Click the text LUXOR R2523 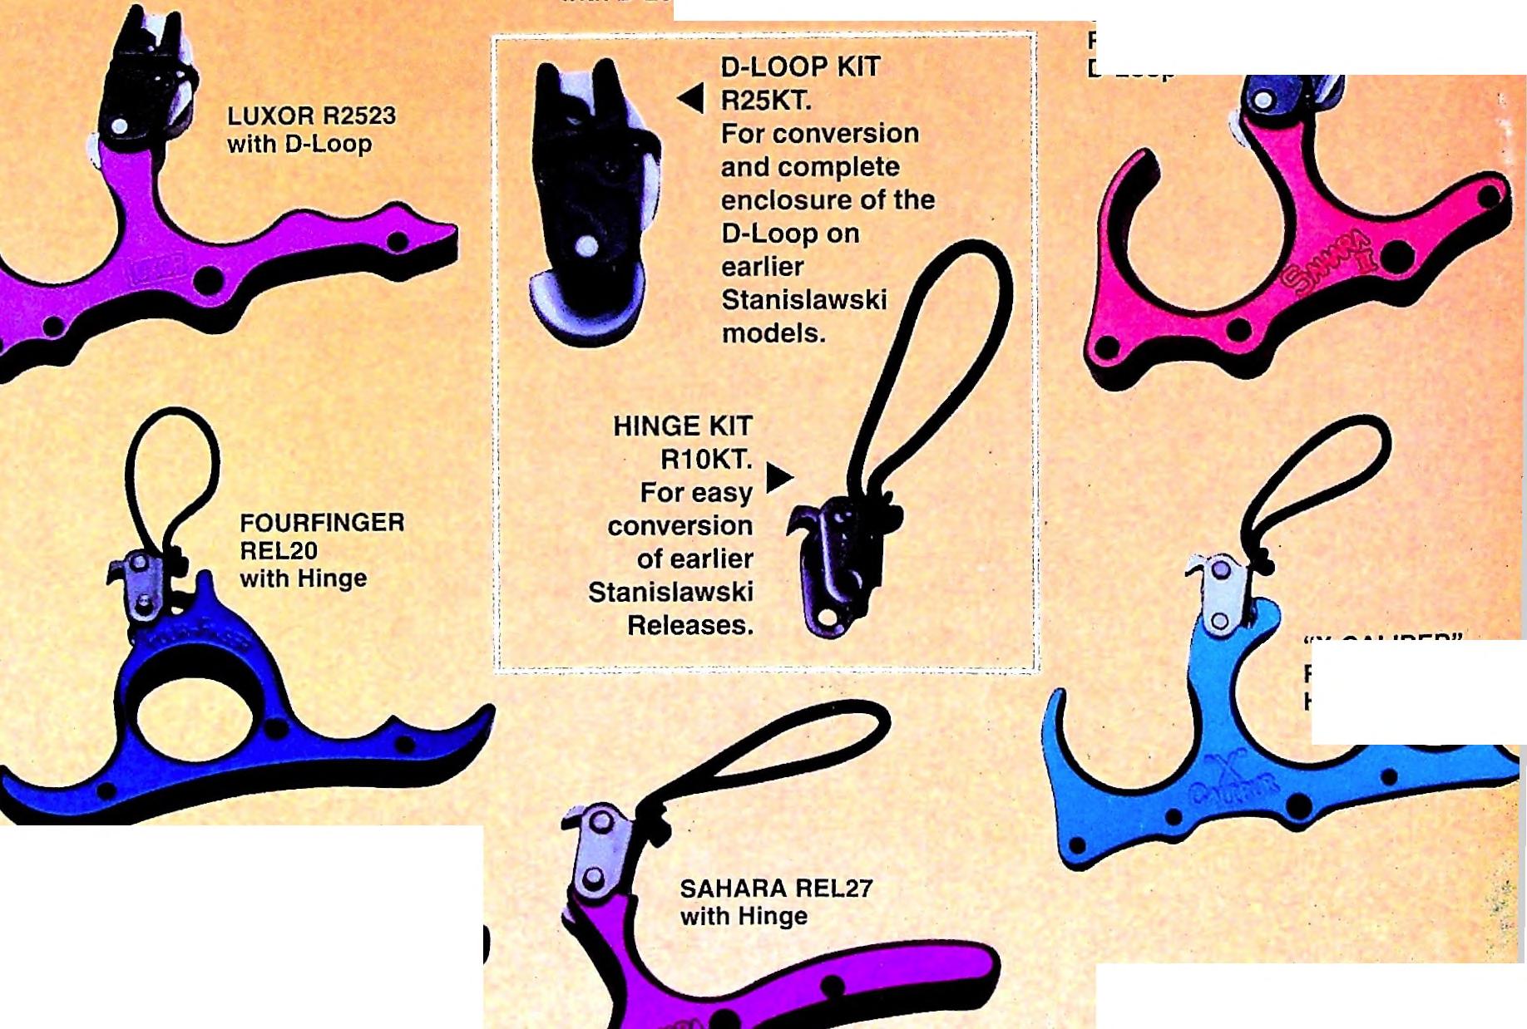(311, 116)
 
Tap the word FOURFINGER (322, 523)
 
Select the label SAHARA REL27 (776, 889)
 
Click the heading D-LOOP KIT (800, 66)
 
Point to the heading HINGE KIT (682, 426)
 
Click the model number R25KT (765, 101)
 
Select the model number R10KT (705, 459)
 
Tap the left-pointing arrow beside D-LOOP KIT (691, 97)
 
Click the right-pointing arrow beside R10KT (778, 477)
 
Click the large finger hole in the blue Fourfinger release (194, 716)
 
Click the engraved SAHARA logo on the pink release (1328, 262)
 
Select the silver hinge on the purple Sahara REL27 (597, 848)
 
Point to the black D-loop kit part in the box (591, 199)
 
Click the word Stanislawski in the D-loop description (803, 300)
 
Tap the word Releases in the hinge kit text (689, 625)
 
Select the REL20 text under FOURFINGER (279, 550)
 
